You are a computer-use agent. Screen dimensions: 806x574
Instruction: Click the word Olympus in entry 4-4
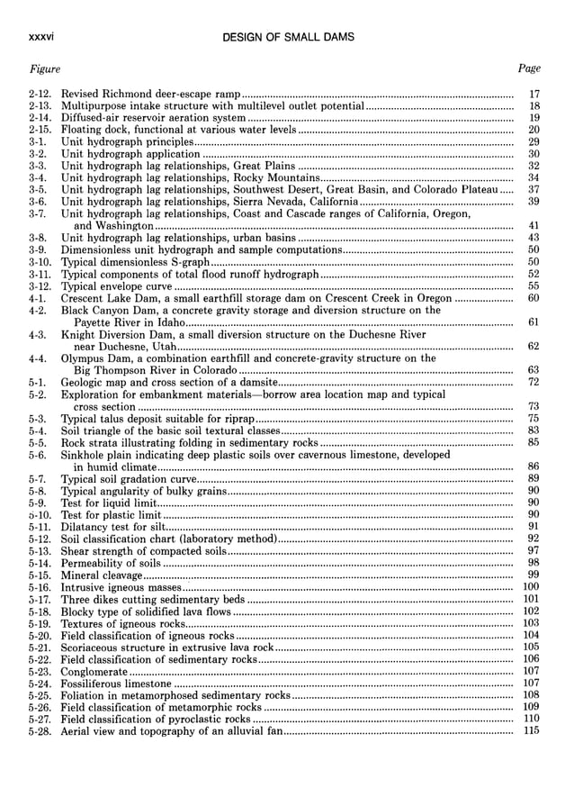click(x=83, y=358)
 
